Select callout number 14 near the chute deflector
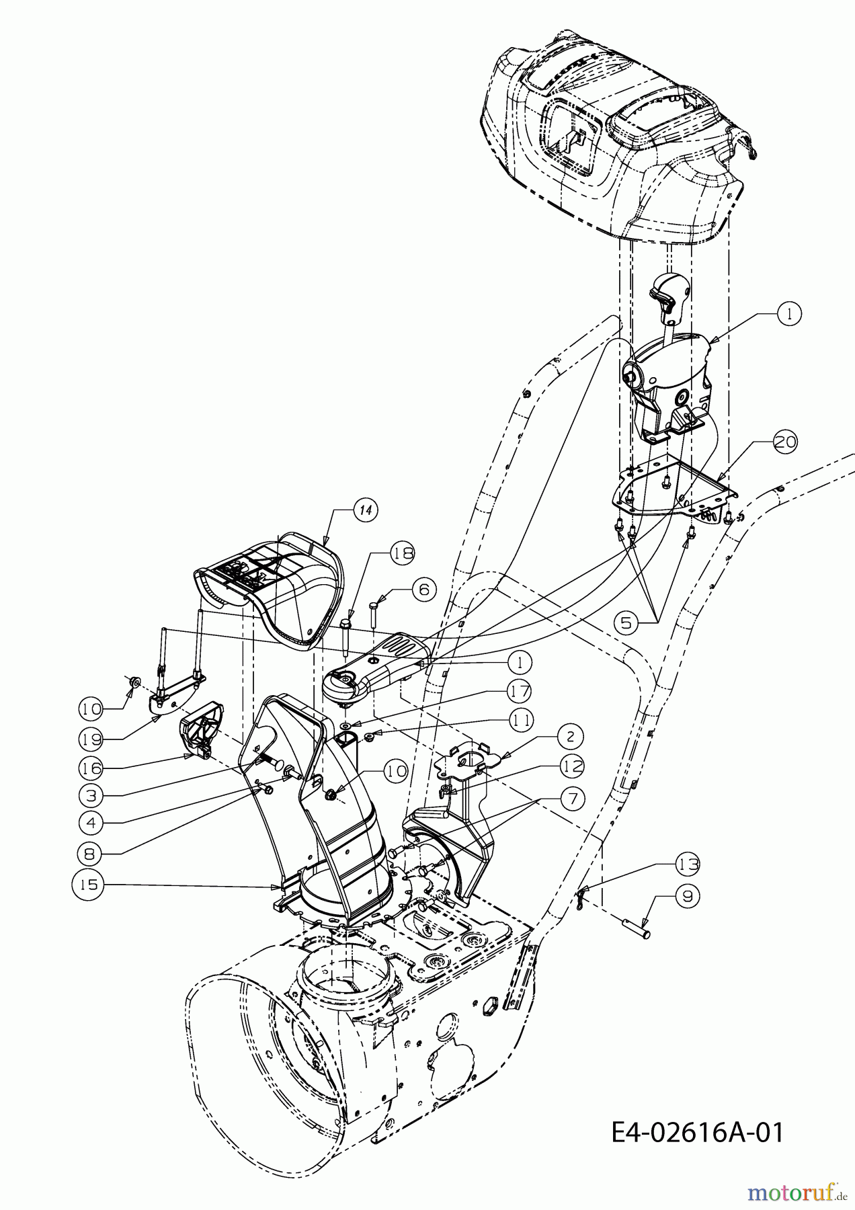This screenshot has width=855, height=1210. (x=364, y=510)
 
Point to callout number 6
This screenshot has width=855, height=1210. (x=423, y=589)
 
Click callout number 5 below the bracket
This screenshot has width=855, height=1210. (x=626, y=622)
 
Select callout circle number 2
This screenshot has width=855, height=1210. (x=570, y=737)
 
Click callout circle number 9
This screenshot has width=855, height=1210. (x=688, y=895)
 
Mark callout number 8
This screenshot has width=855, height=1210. (x=90, y=854)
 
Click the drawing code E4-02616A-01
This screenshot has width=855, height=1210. (x=698, y=1133)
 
